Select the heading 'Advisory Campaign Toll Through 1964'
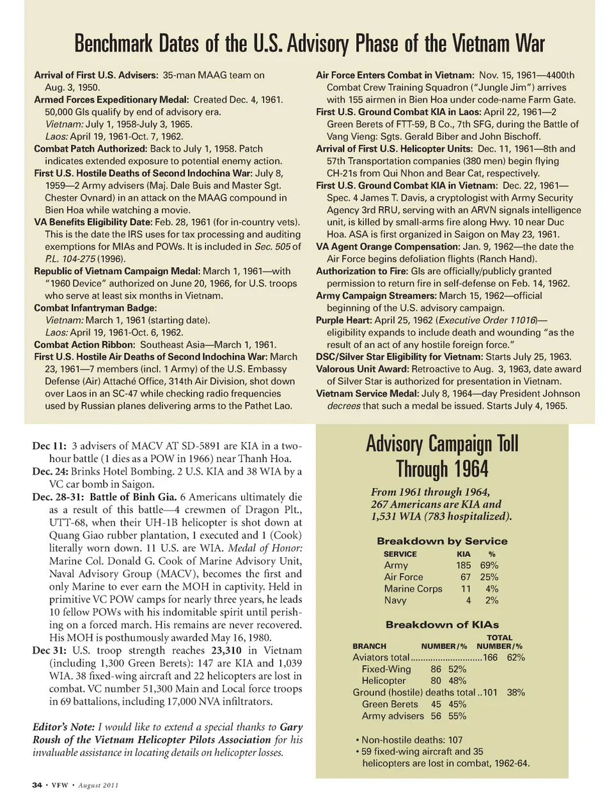pos(442,456)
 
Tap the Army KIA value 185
pos(463,565)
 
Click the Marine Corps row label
pos(413,588)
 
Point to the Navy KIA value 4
pos(468,600)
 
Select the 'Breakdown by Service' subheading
pos(442,541)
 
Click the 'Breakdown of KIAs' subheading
pos(442,624)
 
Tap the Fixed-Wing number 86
pos(436,669)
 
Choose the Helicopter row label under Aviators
pos(384,680)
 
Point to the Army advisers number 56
pos(436,716)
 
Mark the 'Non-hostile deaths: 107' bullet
pos(412,740)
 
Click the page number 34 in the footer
pos(37,785)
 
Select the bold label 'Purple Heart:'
pos(343,320)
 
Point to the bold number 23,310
pos(226,650)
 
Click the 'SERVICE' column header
pos(400,554)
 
